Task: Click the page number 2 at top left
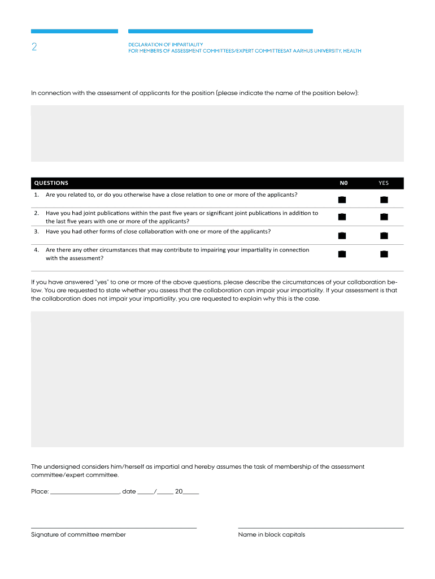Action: [x=34, y=48]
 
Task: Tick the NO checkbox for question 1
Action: [x=342, y=199]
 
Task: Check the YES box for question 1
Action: [x=384, y=199]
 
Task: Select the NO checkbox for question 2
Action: [x=342, y=217]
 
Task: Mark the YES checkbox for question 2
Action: [x=384, y=217]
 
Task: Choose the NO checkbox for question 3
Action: [x=342, y=235]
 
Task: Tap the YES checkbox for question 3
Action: [x=384, y=235]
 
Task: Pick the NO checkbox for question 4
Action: [x=342, y=254]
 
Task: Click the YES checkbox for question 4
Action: [x=384, y=254]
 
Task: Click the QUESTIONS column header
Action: [x=51, y=183]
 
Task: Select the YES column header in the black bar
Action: [x=384, y=183]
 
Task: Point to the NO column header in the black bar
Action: [x=343, y=183]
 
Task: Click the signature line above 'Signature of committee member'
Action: [x=114, y=527]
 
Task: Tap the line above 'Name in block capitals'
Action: [x=321, y=527]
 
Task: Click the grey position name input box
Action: [x=217, y=133]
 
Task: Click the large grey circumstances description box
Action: [x=217, y=379]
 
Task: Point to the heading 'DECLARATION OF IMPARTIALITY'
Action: [x=166, y=44]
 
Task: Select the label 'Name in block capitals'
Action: [x=272, y=535]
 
